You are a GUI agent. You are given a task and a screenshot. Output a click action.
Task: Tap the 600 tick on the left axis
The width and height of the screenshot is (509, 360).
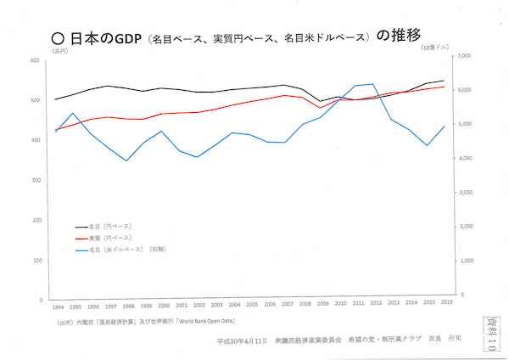coord(36,60)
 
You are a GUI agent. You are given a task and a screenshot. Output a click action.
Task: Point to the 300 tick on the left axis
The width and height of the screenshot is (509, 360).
coord(36,181)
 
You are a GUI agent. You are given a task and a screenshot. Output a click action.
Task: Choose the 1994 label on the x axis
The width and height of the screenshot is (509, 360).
coord(57,307)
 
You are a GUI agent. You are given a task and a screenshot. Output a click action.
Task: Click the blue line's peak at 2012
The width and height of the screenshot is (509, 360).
coord(373,84)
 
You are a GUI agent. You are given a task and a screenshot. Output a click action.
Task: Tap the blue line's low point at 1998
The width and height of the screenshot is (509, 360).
coord(126,160)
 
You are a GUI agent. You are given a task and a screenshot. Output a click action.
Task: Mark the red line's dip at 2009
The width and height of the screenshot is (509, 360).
coord(320,108)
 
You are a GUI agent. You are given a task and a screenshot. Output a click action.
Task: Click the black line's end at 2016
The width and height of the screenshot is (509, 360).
coord(445,81)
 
